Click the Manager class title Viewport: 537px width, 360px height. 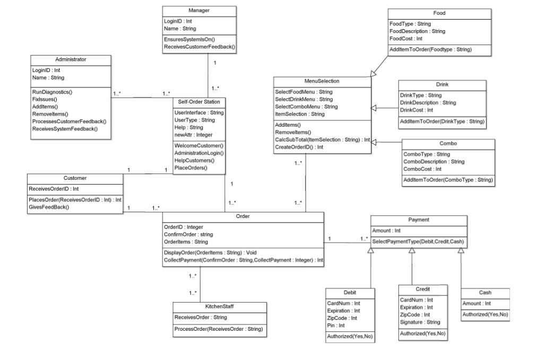(199, 11)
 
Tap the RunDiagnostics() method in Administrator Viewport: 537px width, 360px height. (52, 92)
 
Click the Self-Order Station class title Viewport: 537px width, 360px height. (199, 101)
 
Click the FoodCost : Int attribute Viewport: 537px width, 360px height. (406, 39)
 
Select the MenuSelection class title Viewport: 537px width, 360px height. (322, 81)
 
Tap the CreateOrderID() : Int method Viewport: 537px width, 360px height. (299, 147)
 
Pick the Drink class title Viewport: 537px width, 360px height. (442, 84)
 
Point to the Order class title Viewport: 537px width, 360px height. (242, 216)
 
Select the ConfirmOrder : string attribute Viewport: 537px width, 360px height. (188, 234)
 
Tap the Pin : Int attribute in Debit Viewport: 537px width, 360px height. (336, 325)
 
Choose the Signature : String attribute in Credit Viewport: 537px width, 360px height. (420, 322)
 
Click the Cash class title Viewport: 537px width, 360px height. (485, 293)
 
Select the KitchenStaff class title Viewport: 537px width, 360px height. (220, 306)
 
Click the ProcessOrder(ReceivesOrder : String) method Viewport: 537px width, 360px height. (219, 329)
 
